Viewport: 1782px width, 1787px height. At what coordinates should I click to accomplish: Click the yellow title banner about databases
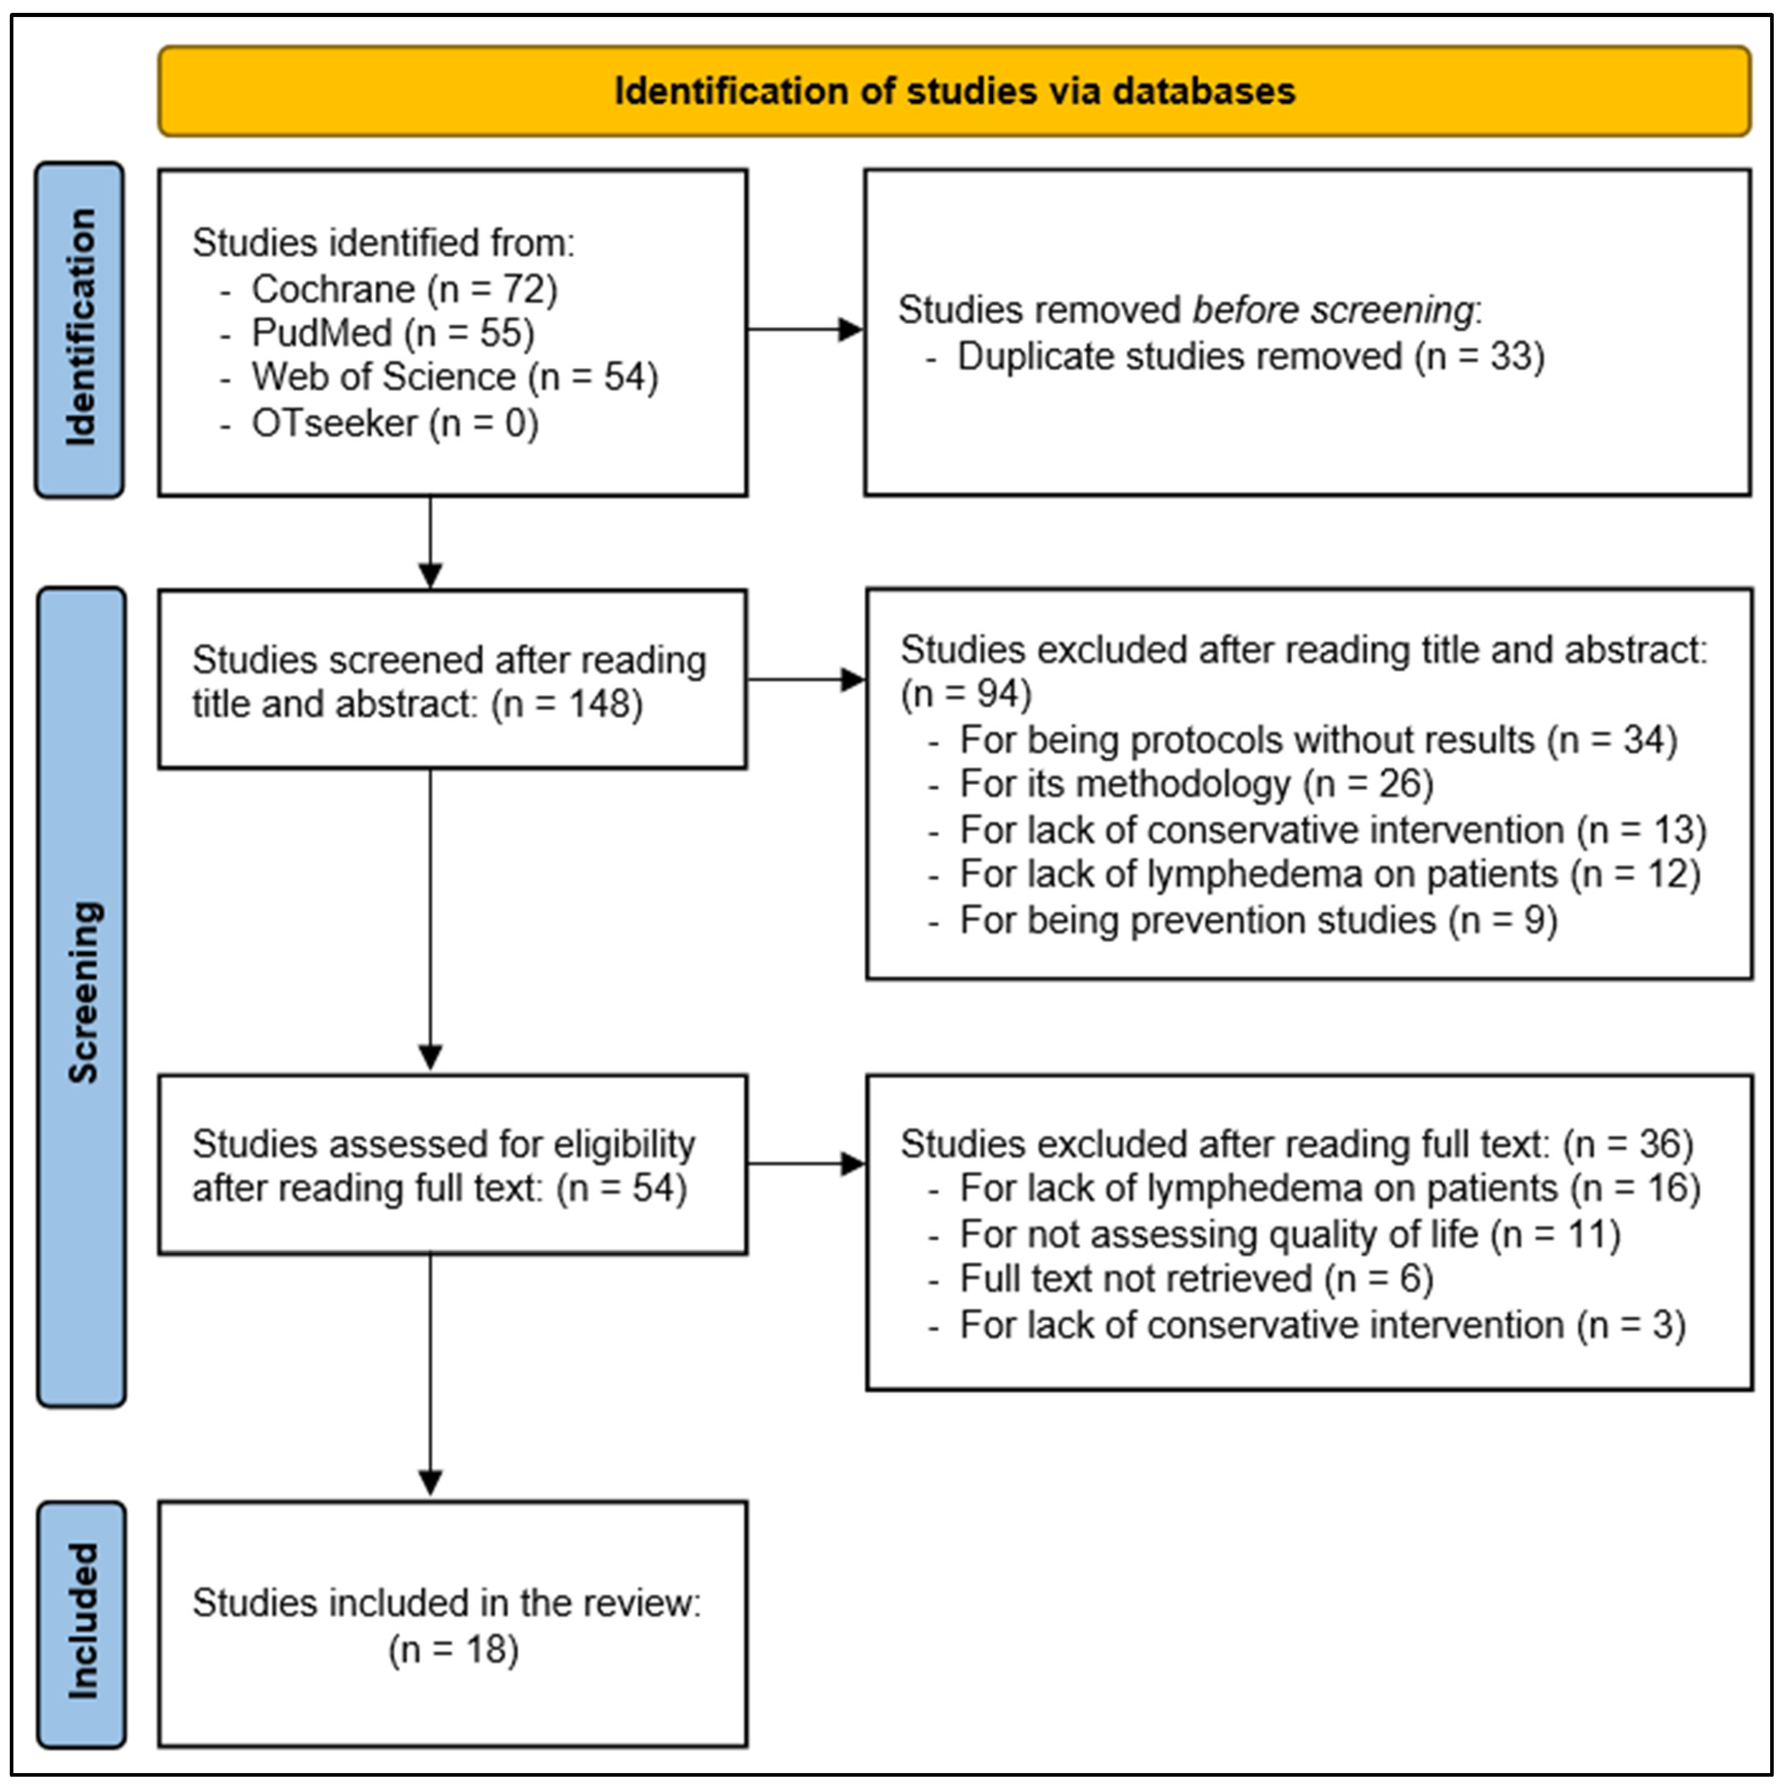[954, 91]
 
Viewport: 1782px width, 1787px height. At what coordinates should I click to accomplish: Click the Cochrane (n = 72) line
[404, 289]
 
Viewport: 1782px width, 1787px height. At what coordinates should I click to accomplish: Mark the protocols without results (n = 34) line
[1318, 740]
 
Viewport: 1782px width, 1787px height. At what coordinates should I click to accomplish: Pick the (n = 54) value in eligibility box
[621, 1189]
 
